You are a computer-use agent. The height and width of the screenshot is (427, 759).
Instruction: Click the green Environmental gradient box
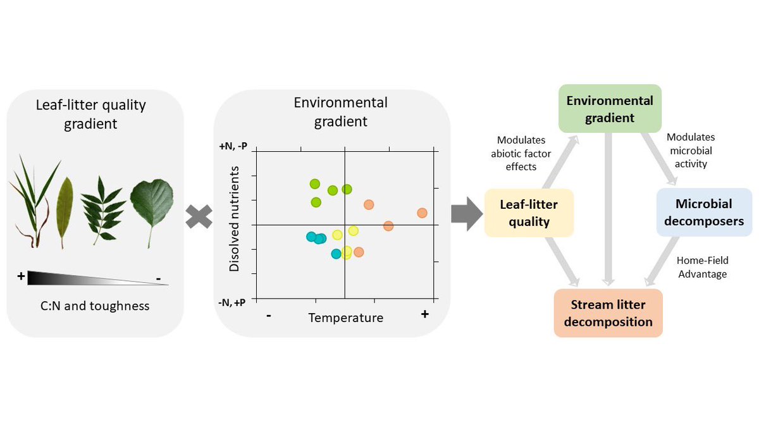[610, 109]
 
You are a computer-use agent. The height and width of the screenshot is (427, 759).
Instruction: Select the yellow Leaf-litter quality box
[529, 213]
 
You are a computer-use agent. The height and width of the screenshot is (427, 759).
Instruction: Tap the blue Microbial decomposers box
[704, 213]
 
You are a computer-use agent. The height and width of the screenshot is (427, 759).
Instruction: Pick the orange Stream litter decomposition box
[608, 313]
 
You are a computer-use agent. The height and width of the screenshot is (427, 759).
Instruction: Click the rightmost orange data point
[423, 213]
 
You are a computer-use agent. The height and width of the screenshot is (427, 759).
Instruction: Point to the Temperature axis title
[345, 318]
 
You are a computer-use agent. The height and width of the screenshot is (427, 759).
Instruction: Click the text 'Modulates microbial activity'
[691, 150]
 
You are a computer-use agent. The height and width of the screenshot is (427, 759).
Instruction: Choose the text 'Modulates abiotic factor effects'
[521, 153]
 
